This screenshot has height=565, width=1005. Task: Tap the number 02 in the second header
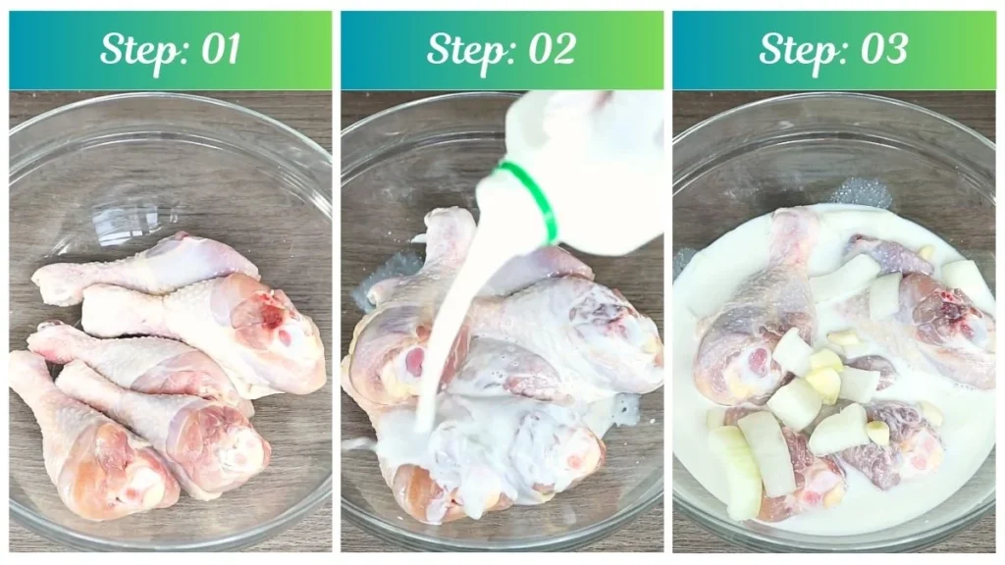tap(549, 49)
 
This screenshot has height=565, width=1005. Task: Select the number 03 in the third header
tap(880, 49)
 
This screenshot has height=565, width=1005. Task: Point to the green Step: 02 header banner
tap(502, 49)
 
